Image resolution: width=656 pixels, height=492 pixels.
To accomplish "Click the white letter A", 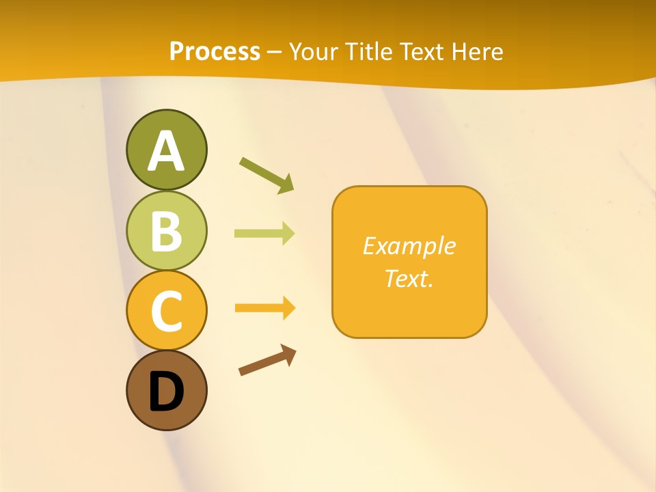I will [x=166, y=151].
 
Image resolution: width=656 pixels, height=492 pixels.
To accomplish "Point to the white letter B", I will [x=166, y=231].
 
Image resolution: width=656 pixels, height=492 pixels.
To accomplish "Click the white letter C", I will [x=166, y=311].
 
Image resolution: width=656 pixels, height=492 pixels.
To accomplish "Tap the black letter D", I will [x=166, y=392].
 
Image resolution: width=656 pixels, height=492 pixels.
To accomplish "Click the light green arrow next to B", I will [x=264, y=234].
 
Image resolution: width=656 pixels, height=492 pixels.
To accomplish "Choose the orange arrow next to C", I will [x=264, y=308].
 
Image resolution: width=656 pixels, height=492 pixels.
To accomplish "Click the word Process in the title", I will [x=215, y=52].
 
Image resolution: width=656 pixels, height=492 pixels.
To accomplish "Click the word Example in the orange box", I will [x=409, y=246].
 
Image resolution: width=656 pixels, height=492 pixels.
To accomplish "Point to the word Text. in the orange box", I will [x=409, y=278].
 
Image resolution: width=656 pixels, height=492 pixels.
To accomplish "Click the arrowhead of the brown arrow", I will [x=288, y=354].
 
